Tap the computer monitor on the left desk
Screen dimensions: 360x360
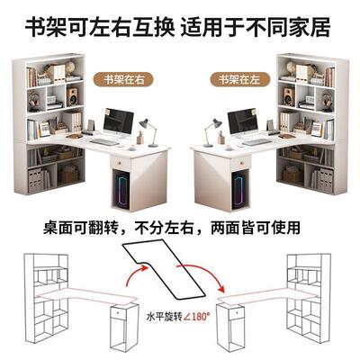tap(119, 122)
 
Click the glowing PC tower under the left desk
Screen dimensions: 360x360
tap(121, 188)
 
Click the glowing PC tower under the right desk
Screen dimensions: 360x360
tap(238, 188)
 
